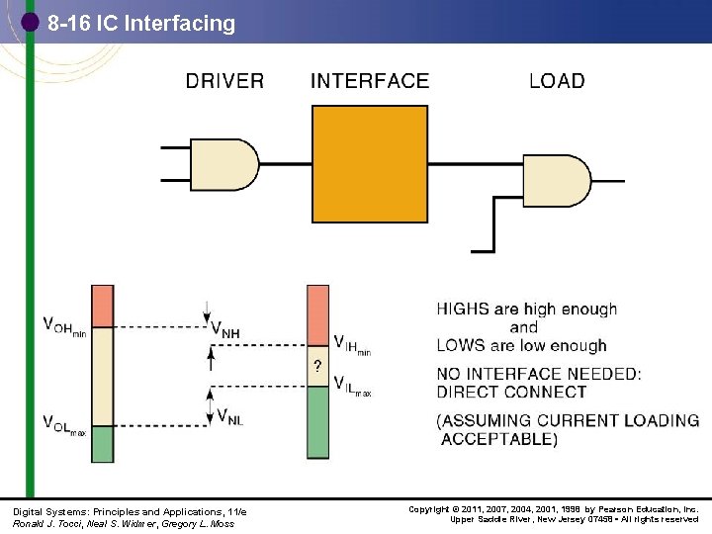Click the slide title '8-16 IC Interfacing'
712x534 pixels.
point(141,23)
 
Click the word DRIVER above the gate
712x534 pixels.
point(224,81)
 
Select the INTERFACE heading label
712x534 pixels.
point(370,81)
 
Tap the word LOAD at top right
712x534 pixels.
point(557,81)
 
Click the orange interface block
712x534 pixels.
point(371,163)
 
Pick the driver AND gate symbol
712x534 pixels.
point(222,164)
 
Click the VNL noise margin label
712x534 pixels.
point(226,416)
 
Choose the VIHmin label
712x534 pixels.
point(352,345)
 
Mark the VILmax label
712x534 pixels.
point(352,385)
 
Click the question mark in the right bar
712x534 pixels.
point(317,366)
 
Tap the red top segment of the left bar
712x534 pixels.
point(103,305)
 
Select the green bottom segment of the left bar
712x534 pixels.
point(103,443)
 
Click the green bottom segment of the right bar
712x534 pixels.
point(317,422)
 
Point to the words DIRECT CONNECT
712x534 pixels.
point(503,393)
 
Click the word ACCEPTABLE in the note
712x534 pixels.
point(499,439)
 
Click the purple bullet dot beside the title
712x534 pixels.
point(30,21)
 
